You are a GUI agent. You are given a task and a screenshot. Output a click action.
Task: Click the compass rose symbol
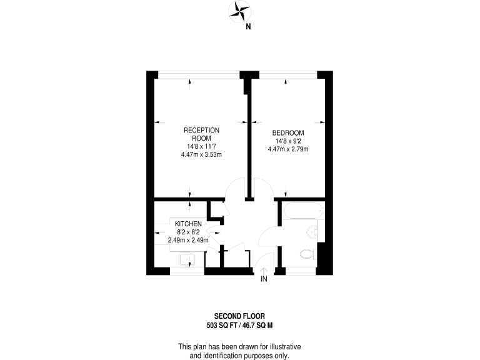coord(239,10)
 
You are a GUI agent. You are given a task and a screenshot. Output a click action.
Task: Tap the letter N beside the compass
coord(248,26)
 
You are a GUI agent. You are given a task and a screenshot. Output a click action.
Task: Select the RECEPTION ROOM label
coord(201,134)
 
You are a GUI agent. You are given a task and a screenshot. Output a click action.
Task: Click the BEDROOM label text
coord(288,133)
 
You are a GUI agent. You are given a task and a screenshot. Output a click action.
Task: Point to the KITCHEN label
coord(187,224)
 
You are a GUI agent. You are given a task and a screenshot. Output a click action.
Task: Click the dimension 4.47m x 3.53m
coord(201,154)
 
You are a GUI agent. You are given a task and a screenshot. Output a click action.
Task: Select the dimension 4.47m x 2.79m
coord(288,149)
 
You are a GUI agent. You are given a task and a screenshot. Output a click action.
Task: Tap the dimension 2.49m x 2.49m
coord(188,239)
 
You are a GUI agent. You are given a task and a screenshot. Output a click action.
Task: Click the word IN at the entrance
coord(264,279)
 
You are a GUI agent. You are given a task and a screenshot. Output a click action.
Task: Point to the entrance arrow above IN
coord(264,270)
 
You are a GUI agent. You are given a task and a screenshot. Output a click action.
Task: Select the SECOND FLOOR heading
coord(239,316)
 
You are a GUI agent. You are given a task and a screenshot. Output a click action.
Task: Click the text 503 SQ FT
coord(221,325)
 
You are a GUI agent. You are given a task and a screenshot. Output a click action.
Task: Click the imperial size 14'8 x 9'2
coord(288,141)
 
